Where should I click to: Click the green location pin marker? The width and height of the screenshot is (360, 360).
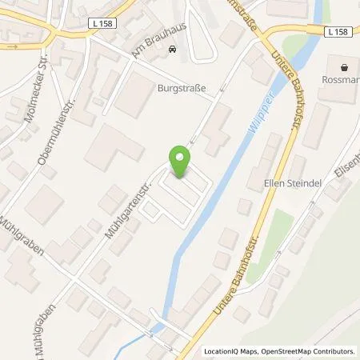click(179, 162)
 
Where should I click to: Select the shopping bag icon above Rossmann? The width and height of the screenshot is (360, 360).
click(345, 68)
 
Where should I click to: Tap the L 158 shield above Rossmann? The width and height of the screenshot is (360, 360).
click(338, 32)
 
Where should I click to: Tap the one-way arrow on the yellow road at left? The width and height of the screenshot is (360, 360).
click(12, 46)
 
